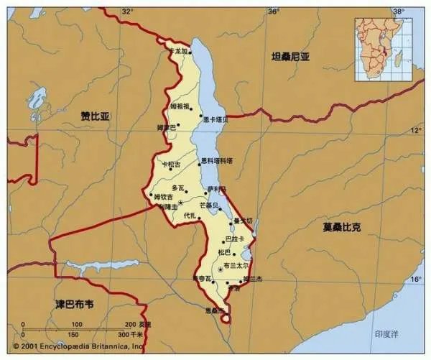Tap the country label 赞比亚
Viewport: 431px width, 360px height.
point(95,115)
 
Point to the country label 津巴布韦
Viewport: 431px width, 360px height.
point(75,304)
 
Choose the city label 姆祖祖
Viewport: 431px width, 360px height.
point(180,106)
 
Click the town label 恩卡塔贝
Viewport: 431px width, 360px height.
point(215,119)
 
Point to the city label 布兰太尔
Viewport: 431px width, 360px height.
point(236,264)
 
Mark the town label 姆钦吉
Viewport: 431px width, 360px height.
point(163,196)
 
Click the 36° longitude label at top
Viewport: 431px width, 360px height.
point(273,11)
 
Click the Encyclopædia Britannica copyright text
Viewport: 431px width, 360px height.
point(72,346)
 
